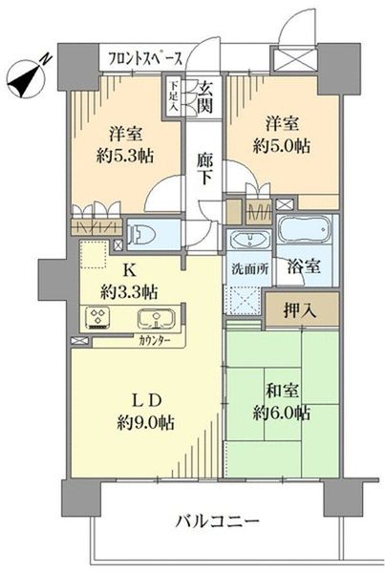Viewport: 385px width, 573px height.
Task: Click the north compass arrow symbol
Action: point(27,76)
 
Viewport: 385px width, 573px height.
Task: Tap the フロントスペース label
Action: point(145,58)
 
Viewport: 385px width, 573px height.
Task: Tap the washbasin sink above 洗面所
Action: point(248,241)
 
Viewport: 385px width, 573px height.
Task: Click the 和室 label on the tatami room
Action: point(280,389)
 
